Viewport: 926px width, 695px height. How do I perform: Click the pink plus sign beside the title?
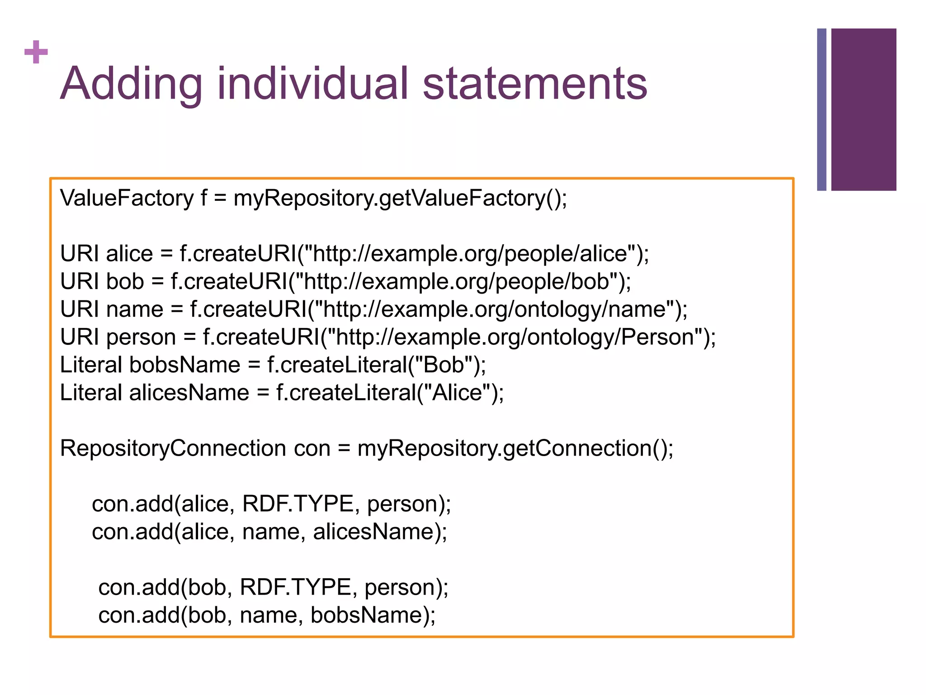pyautogui.click(x=36, y=52)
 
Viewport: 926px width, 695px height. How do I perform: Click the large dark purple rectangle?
pyautogui.click(x=863, y=109)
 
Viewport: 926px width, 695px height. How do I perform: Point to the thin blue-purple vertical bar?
pyautogui.click(x=822, y=109)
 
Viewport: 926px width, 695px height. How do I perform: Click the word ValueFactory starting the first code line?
pyautogui.click(x=127, y=198)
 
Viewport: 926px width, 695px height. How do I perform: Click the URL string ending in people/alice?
pyautogui.click(x=470, y=253)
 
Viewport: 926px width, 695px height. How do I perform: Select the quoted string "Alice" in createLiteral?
pyautogui.click(x=458, y=393)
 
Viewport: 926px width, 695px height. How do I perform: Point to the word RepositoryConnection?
pyautogui.click(x=173, y=448)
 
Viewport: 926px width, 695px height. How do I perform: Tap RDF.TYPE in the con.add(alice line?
pyautogui.click(x=298, y=504)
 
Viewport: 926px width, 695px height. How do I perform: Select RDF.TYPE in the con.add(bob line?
pyautogui.click(x=295, y=587)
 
